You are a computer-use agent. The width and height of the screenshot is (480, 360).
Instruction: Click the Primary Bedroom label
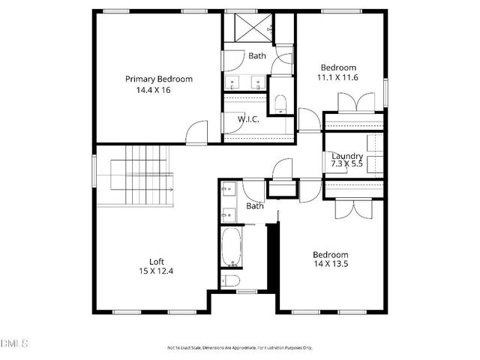click(158, 79)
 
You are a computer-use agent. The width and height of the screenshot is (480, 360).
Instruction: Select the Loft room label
click(156, 262)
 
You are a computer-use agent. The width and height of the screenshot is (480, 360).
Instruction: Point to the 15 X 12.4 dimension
click(156, 271)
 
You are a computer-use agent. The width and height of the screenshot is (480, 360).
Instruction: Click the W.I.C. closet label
click(248, 119)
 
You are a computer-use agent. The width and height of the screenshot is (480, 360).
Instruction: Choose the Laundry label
click(347, 156)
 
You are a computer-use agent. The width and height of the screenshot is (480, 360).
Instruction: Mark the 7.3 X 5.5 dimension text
click(347, 163)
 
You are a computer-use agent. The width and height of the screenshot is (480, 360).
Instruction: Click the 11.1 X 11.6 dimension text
click(338, 76)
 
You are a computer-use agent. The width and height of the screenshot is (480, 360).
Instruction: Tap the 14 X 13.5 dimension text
click(331, 263)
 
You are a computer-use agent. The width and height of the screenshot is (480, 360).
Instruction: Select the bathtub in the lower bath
click(230, 248)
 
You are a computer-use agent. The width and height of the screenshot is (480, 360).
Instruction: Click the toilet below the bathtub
click(231, 281)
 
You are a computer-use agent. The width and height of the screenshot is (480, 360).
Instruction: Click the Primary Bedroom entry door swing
click(197, 132)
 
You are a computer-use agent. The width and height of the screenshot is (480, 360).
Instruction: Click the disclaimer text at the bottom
click(239, 347)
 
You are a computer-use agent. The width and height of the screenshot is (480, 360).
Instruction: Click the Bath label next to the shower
click(257, 55)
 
